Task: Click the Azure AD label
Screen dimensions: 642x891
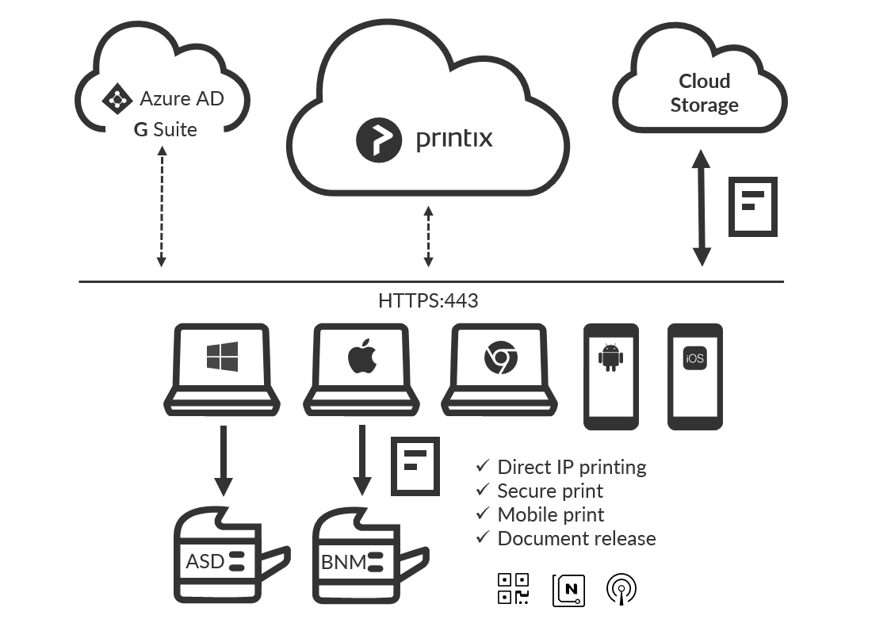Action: (182, 99)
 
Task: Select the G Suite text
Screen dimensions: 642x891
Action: (165, 128)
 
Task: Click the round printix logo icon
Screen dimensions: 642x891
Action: (376, 139)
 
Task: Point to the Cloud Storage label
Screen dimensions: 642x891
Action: (705, 93)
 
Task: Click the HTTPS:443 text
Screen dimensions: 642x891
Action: (428, 301)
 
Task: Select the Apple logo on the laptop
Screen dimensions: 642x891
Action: (361, 359)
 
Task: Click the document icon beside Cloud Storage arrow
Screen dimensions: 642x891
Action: (752, 206)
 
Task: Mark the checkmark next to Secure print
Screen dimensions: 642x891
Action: (482, 491)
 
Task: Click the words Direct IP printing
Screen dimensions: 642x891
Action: (571, 467)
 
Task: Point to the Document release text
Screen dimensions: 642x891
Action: (576, 539)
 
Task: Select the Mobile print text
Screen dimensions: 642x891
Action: (550, 514)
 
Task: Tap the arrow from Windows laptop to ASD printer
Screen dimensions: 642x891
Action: (224, 460)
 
